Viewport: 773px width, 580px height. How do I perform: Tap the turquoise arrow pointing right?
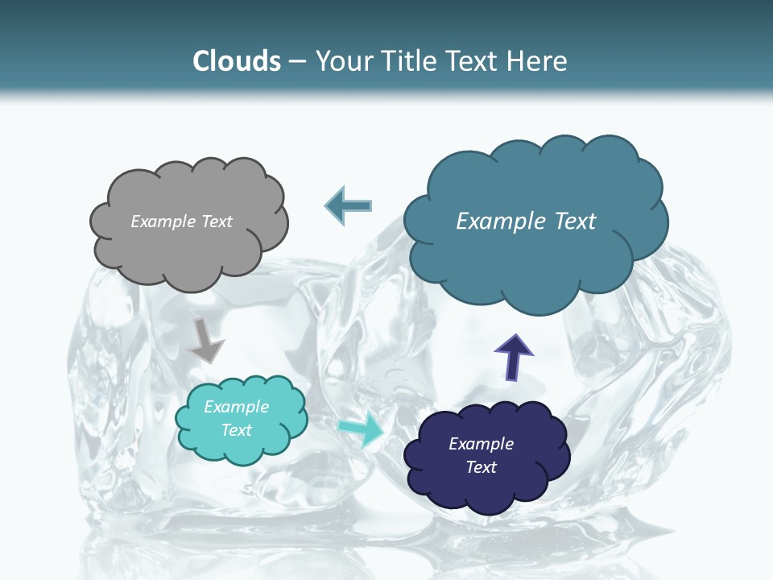pyautogui.click(x=362, y=429)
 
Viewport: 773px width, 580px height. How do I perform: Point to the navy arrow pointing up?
pyautogui.click(x=513, y=357)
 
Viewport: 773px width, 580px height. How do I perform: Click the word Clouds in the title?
pyautogui.click(x=237, y=61)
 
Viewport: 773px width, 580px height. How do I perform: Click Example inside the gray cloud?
pyautogui.click(x=163, y=222)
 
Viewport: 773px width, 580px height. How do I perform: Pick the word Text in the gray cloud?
pyautogui.click(x=217, y=222)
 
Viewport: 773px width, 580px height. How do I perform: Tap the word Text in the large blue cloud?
pyautogui.click(x=575, y=222)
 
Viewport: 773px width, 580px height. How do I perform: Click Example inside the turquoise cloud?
pyautogui.click(x=237, y=407)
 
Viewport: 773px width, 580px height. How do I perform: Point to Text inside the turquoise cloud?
pyautogui.click(x=237, y=430)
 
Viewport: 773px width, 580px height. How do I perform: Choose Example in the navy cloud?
pyautogui.click(x=481, y=444)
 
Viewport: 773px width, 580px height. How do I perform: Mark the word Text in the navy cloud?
pyautogui.click(x=481, y=467)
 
